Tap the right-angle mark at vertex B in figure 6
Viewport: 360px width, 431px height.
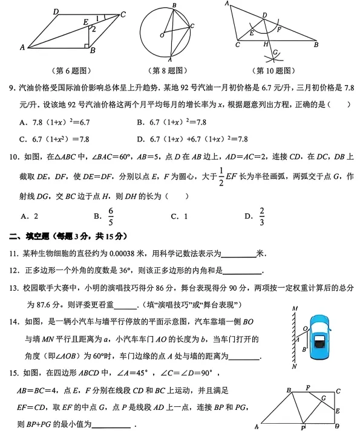tap(87, 44)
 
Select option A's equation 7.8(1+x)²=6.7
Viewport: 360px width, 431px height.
tap(59, 122)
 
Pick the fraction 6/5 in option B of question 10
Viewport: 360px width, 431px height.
tap(111, 215)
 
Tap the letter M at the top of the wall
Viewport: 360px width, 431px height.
tap(294, 309)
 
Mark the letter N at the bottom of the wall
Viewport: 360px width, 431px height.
tap(294, 366)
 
